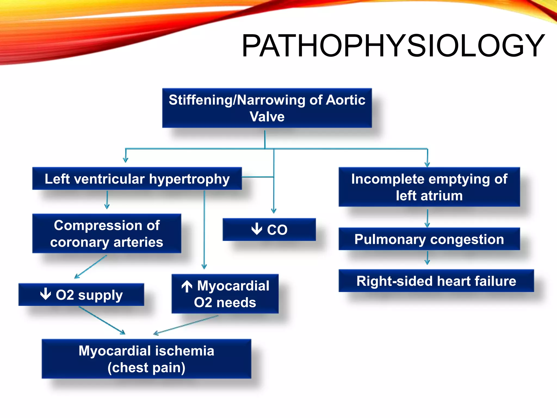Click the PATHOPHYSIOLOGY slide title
393,46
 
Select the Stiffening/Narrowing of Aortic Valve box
267,108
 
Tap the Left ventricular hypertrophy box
137,179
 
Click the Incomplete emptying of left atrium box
429,187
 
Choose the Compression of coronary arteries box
107,233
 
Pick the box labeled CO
269,229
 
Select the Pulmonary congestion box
429,239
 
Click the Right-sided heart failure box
436,281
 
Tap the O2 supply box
81,294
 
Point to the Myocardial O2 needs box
225,294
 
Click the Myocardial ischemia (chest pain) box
146,359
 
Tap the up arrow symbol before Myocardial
187,286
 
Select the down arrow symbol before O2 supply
45,294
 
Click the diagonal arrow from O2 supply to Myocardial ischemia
102,320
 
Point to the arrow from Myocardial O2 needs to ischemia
186,325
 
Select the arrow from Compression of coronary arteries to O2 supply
91,267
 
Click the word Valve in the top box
267,117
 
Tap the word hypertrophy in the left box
189,179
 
